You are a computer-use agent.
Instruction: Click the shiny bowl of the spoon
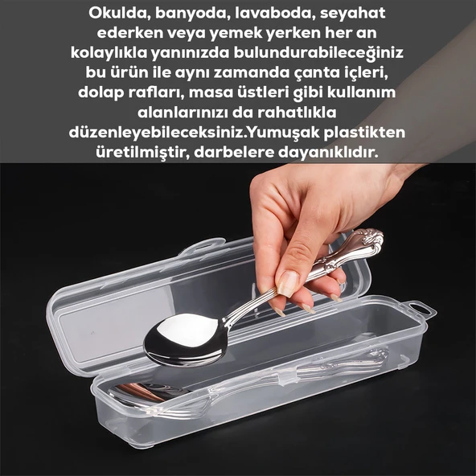pyautogui.click(x=182, y=338)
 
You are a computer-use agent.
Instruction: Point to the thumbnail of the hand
pyautogui.click(x=289, y=282)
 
